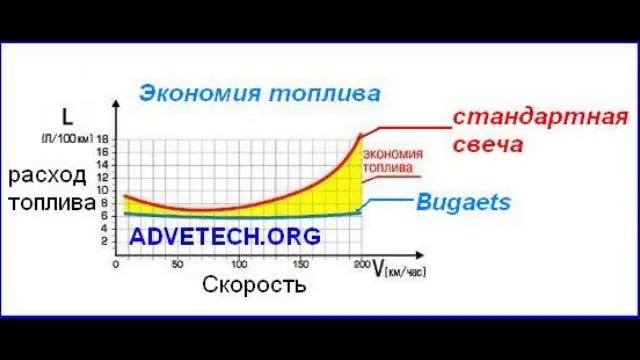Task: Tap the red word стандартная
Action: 541,116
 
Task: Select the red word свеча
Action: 487,145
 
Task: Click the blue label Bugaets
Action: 462,202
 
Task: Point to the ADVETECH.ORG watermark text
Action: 225,237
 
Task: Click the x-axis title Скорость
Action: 254,284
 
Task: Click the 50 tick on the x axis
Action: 178,265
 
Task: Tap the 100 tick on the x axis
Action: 238,265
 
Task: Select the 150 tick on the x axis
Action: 300,265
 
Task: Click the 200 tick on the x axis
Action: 361,265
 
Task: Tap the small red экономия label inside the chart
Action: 391,154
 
